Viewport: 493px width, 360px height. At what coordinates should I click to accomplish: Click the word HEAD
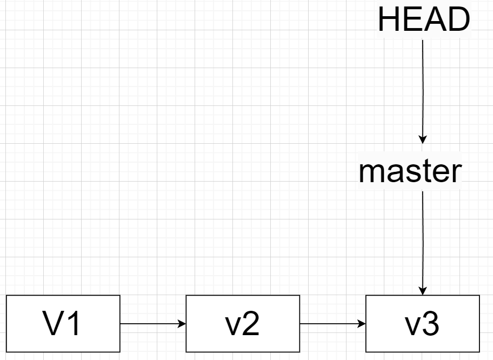pos(424,20)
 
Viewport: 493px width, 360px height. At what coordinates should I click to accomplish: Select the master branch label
pos(410,171)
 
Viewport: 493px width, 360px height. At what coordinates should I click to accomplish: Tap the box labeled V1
pos(63,324)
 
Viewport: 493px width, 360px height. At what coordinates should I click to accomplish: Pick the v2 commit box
pos(243,324)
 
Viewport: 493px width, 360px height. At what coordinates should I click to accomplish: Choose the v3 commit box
pos(423,324)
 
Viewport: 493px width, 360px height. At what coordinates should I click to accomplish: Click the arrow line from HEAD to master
pos(423,86)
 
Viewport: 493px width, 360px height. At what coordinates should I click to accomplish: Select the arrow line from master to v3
pos(423,238)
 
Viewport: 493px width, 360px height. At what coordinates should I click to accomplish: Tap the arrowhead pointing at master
pos(423,140)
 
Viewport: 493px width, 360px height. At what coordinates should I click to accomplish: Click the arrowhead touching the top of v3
pos(423,291)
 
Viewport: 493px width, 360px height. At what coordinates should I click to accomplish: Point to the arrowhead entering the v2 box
pos(182,324)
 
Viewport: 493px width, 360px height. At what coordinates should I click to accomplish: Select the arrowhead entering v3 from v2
pos(362,324)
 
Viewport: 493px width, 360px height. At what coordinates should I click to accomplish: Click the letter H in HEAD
pos(388,20)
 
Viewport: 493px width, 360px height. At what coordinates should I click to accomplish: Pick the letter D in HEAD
pos(459,20)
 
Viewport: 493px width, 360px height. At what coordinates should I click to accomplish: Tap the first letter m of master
pos(370,172)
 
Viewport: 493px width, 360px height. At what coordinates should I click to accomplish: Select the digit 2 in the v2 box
pos(251,324)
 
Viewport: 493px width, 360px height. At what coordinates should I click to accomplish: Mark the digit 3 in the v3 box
pos(431,324)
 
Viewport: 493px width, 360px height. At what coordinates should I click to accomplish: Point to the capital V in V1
pos(54,324)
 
